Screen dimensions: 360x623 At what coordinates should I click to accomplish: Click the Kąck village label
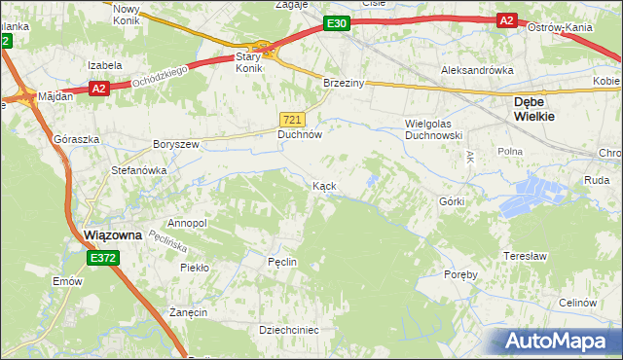point(324,185)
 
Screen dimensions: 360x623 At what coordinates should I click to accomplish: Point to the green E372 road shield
point(102,258)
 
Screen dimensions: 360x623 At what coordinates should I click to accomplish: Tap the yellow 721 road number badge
point(296,118)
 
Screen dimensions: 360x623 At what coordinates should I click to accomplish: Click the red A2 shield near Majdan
point(98,88)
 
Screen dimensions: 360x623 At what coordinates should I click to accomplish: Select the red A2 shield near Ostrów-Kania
point(506,19)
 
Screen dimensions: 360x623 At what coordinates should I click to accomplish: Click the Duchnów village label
point(300,134)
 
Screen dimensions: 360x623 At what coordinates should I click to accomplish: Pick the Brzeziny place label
point(344,84)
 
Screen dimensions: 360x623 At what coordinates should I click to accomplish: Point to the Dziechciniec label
point(289,330)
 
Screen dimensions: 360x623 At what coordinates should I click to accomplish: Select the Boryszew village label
point(175,144)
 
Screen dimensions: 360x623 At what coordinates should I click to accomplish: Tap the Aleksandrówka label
point(476,70)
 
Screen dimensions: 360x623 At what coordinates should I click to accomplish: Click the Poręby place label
point(461,275)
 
